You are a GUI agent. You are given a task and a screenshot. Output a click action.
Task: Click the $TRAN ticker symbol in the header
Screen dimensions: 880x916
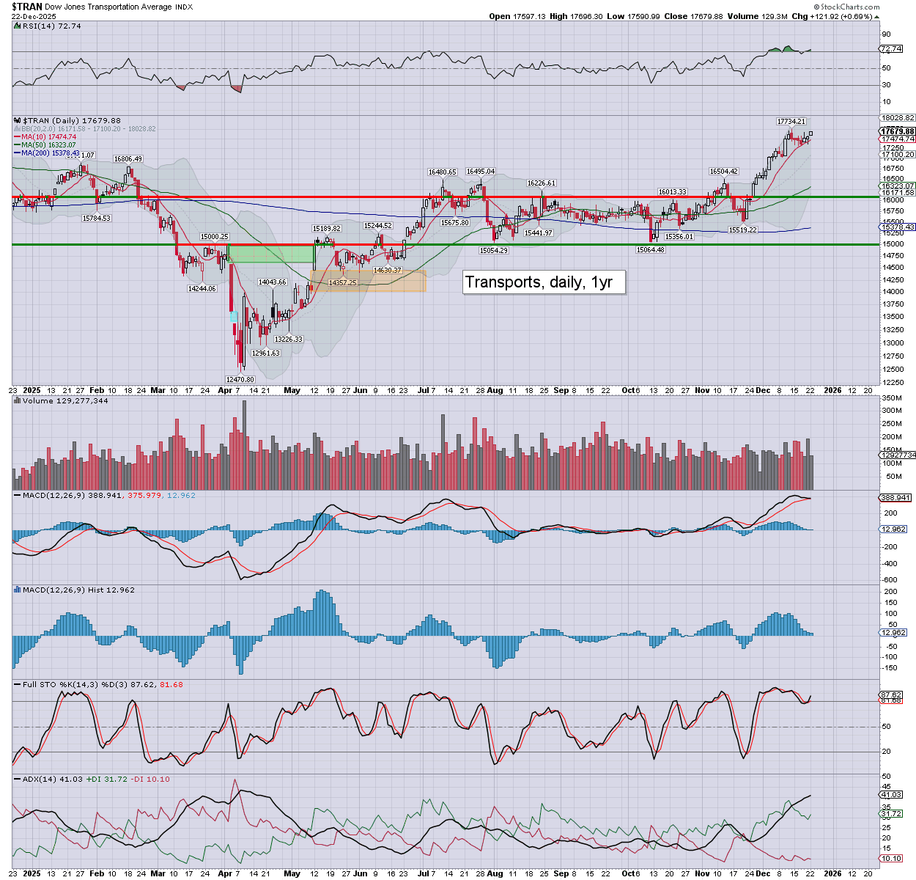(x=26, y=7)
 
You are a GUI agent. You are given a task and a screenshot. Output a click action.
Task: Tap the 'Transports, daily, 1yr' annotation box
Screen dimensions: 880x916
(x=544, y=282)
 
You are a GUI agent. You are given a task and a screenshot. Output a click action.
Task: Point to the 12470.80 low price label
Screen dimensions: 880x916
(x=240, y=380)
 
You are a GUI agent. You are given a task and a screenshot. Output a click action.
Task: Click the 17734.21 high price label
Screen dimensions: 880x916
(x=791, y=122)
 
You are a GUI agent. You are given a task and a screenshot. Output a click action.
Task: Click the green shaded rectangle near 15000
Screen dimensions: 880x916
(x=271, y=254)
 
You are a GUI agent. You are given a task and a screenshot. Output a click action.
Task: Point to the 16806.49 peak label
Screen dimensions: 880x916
(x=128, y=159)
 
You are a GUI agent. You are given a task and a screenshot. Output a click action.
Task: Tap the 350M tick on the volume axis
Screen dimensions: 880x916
(x=892, y=398)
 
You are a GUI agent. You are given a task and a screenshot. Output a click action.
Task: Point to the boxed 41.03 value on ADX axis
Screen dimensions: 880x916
(x=891, y=795)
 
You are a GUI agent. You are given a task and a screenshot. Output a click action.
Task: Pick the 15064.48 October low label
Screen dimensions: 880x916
(x=650, y=250)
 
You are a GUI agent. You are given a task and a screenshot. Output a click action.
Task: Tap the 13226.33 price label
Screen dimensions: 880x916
(x=288, y=340)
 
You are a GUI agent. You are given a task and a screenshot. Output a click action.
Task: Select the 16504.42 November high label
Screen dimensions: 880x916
(x=723, y=172)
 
